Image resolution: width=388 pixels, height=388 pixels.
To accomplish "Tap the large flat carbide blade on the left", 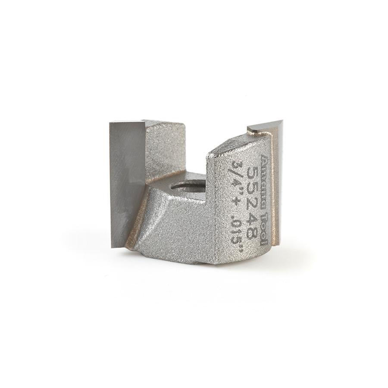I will [x=127, y=181].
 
